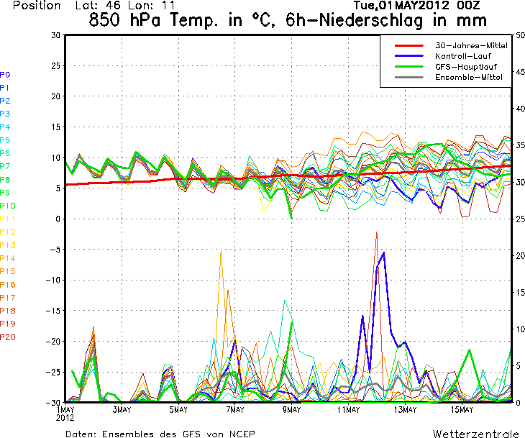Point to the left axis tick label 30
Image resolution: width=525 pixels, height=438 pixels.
pyautogui.click(x=55, y=35)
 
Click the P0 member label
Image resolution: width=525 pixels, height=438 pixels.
pyautogui.click(x=5, y=74)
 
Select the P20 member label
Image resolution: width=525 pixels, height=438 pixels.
pyautogui.click(x=8, y=337)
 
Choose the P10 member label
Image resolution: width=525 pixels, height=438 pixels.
pyautogui.click(x=8, y=205)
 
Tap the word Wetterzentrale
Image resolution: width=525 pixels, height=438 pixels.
pyautogui.click(x=475, y=434)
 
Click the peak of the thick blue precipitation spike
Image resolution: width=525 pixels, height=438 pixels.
pyautogui.click(x=384, y=252)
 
